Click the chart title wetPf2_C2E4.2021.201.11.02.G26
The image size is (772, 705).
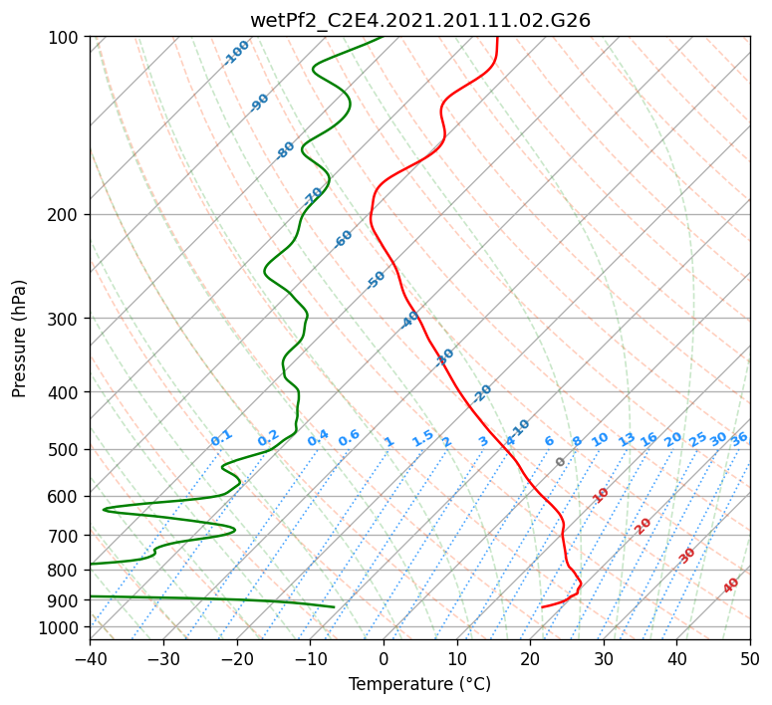tap(420, 21)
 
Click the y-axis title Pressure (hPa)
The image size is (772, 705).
tap(19, 339)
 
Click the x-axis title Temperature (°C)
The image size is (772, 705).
tap(420, 684)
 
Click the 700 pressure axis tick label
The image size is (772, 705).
tap(64, 536)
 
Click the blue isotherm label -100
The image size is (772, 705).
tap(237, 53)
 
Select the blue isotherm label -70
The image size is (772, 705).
tap(313, 196)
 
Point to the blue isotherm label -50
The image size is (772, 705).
tap(376, 280)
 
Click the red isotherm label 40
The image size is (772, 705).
tap(731, 586)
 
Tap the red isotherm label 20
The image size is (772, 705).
tap(643, 527)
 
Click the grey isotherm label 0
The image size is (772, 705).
tap(560, 462)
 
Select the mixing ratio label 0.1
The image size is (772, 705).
tap(221, 438)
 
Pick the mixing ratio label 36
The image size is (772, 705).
tap(739, 439)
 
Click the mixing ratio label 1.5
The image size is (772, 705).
tap(423, 438)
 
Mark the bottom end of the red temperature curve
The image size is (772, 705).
tap(542, 607)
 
